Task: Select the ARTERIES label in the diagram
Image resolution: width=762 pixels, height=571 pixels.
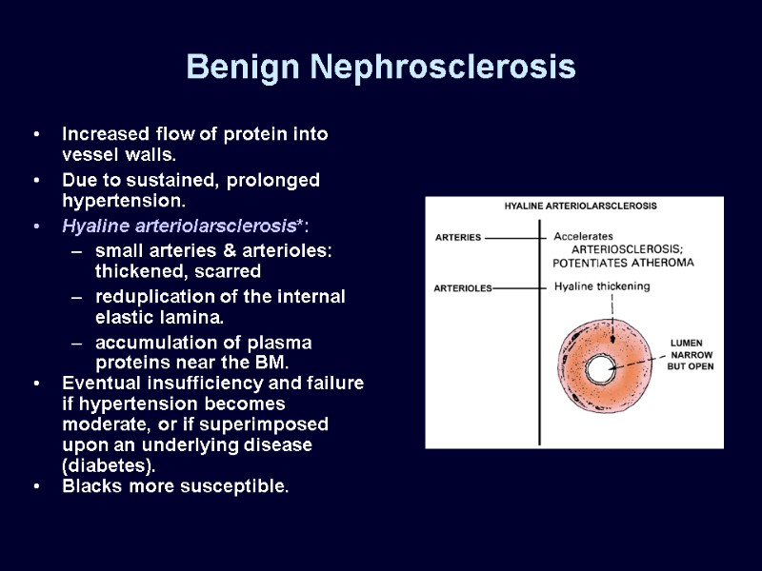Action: (x=458, y=237)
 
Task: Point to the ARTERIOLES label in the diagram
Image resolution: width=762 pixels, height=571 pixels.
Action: (x=463, y=287)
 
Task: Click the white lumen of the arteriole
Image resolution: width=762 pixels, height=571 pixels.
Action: (x=601, y=369)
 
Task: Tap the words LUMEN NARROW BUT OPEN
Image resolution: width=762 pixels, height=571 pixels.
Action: (x=692, y=354)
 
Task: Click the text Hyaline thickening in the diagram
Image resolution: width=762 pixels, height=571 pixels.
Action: (x=601, y=286)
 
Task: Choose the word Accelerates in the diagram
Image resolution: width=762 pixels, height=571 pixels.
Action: (x=583, y=235)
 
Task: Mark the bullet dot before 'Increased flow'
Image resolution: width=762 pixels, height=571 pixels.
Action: (x=35, y=134)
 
